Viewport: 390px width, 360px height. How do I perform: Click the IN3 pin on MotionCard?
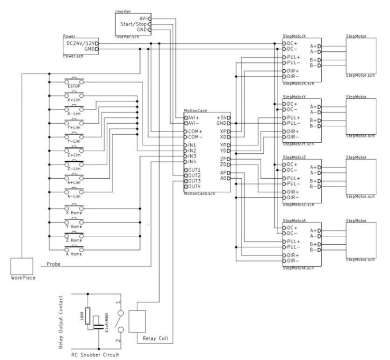191,156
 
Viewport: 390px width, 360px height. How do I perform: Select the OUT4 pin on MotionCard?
193,186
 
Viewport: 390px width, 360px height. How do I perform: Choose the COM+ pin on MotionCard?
193,131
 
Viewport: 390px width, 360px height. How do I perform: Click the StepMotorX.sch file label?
299,84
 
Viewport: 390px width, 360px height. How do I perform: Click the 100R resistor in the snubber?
88,317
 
